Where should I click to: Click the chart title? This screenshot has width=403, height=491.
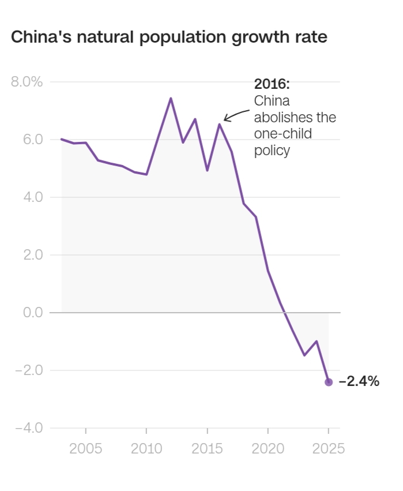170,38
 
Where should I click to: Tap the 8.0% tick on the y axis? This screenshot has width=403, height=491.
27,81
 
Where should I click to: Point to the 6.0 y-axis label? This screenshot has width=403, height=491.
32,139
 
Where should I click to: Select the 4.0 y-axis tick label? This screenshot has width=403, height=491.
32,197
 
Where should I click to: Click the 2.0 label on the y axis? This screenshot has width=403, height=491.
32,254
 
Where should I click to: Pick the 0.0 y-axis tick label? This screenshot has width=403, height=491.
32,312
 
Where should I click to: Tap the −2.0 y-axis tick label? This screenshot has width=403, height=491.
29,370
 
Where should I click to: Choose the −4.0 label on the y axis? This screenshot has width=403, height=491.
29,428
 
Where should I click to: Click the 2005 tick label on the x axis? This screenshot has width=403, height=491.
86,449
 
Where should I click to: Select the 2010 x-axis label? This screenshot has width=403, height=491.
146,449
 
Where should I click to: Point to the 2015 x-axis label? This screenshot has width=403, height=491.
208,449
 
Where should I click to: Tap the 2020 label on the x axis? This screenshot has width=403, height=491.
268,449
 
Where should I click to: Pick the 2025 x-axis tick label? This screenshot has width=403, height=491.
328,449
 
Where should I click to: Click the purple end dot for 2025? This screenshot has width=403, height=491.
329,382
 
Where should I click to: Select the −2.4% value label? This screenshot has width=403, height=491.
359,381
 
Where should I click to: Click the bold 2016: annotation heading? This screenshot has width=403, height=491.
272,84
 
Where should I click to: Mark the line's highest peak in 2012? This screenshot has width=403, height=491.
171,98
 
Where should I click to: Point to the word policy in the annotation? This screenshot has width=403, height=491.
272,151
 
